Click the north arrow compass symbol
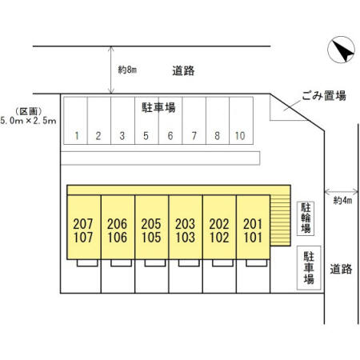click(x=341, y=50)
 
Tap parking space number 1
click(x=75, y=121)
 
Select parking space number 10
click(x=241, y=121)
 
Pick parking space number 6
click(x=170, y=121)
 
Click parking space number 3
click(x=122, y=121)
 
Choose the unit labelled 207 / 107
click(x=84, y=227)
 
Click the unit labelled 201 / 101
click(x=253, y=227)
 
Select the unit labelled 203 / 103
click(x=186, y=227)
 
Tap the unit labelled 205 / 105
click(x=152, y=227)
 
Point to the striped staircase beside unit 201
click(x=280, y=220)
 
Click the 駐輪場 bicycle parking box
click(x=306, y=218)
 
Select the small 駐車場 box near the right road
click(x=309, y=268)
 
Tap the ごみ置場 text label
click(x=324, y=95)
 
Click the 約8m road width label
click(x=127, y=70)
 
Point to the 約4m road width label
click(x=342, y=200)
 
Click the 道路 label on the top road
click(x=183, y=71)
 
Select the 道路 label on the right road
click(x=341, y=269)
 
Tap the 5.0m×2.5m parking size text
click(x=28, y=121)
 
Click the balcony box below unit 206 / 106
click(x=121, y=263)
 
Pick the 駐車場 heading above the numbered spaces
click(x=158, y=107)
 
